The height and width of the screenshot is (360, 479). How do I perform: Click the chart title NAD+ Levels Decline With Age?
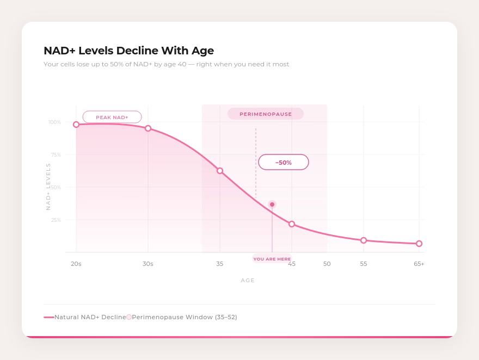(x=128, y=51)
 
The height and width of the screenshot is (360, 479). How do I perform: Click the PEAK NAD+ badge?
(x=112, y=117)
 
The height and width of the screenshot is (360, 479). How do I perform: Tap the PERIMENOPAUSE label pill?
(x=266, y=114)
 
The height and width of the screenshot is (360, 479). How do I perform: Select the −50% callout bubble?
(x=284, y=162)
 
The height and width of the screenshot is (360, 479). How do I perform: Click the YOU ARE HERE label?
(x=272, y=259)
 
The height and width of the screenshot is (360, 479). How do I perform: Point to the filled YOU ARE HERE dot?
(x=272, y=204)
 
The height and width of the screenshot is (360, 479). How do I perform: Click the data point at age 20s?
(x=76, y=125)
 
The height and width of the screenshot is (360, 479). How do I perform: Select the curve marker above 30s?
(x=148, y=128)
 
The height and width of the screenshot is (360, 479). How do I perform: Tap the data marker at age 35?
(x=220, y=171)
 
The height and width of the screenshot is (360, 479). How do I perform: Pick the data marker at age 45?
(x=292, y=224)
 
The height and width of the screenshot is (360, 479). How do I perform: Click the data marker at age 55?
(x=364, y=240)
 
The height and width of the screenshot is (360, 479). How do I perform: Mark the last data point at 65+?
(x=419, y=244)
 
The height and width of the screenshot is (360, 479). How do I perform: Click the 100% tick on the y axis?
(x=54, y=122)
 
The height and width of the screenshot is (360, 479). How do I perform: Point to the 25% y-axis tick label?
(x=56, y=220)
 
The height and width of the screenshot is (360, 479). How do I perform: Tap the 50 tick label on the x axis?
(x=327, y=264)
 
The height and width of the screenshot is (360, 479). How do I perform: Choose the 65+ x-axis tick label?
(x=419, y=264)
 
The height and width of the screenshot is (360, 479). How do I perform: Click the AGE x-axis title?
(x=248, y=281)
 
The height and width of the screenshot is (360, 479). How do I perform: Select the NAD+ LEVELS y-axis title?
(x=48, y=187)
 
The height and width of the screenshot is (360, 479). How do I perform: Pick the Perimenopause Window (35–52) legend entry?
(x=184, y=317)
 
